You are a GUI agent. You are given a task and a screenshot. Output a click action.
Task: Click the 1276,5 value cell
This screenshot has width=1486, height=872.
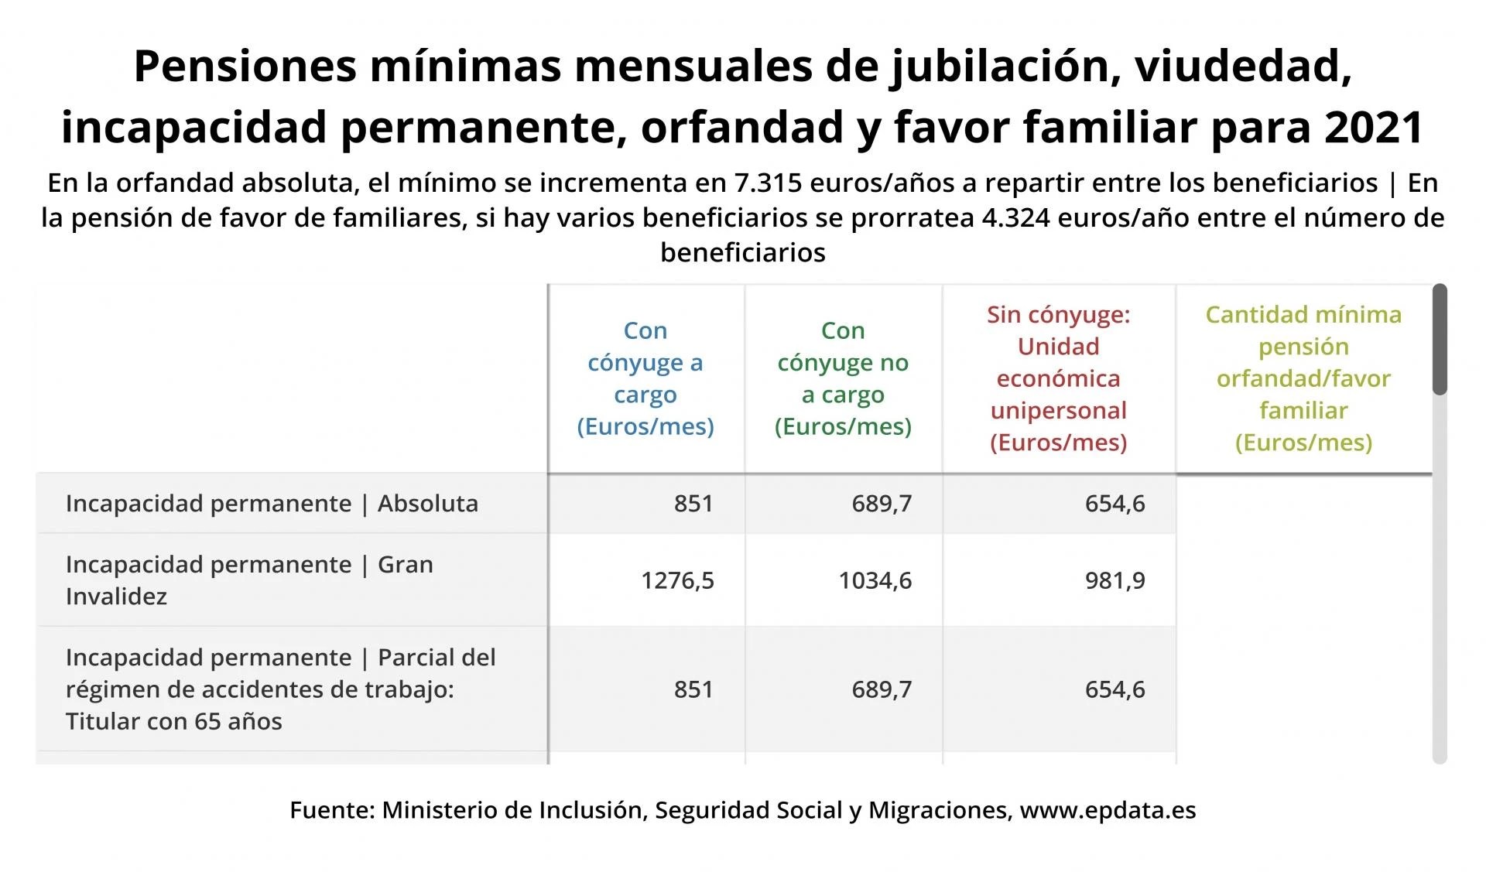(x=677, y=580)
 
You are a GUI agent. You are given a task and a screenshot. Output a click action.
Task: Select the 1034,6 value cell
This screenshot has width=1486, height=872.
(x=875, y=580)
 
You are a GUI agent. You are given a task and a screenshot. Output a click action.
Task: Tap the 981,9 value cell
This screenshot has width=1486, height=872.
(x=1114, y=580)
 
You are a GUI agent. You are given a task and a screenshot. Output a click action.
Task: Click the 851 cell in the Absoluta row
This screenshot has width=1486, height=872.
(x=693, y=504)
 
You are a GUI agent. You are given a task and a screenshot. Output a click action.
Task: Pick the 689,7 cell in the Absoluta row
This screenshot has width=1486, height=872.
(x=882, y=504)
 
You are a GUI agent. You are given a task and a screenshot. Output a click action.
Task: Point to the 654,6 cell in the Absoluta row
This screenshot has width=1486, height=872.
(x=1114, y=504)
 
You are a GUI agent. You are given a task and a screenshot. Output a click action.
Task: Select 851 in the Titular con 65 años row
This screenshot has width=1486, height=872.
(x=693, y=689)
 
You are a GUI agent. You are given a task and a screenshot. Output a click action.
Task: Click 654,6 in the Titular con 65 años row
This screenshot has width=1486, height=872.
(x=1114, y=689)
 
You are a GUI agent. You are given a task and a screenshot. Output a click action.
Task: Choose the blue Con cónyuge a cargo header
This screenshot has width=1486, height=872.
(x=645, y=378)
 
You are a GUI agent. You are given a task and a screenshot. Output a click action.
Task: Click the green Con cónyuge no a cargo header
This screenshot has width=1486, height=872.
(x=843, y=378)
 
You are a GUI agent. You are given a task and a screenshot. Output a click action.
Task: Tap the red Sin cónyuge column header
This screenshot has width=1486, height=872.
(x=1058, y=378)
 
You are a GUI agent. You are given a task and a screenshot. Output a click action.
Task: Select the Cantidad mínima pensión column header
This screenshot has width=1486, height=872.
(x=1303, y=378)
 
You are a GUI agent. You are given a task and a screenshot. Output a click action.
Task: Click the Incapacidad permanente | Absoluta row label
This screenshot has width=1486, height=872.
(x=272, y=504)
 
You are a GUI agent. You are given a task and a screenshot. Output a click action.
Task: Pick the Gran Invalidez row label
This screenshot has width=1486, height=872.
(x=248, y=580)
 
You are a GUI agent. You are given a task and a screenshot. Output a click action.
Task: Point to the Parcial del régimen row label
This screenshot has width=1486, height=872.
(x=280, y=689)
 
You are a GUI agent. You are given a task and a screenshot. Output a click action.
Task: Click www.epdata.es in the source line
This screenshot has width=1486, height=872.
(x=1108, y=810)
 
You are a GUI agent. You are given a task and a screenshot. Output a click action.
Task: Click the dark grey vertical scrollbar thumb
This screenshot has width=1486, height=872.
(x=1440, y=339)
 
